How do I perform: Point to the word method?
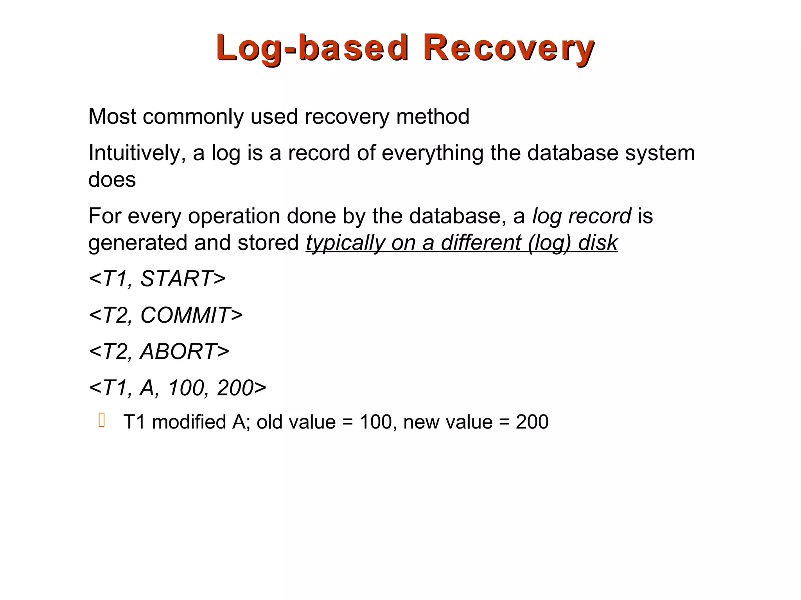tap(433, 116)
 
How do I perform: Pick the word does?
tap(112, 180)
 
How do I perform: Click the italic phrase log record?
tap(582, 216)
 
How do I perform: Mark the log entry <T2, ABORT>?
tap(159, 351)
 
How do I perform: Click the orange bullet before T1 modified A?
tap(102, 420)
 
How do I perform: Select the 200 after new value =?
tap(532, 422)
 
